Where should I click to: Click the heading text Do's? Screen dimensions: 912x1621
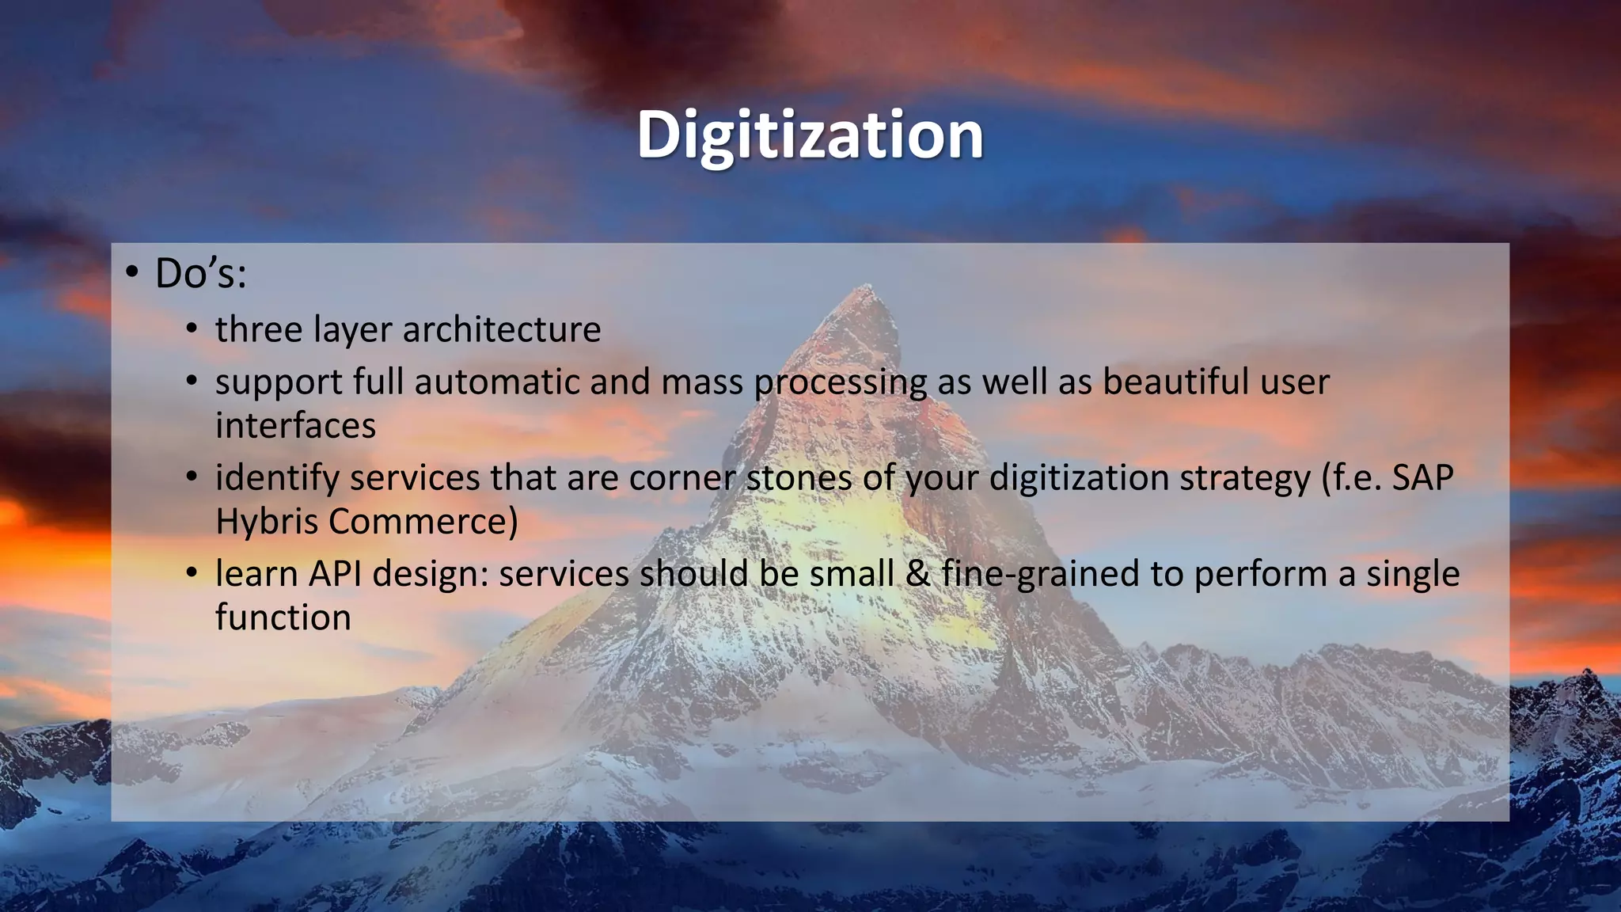click(x=201, y=274)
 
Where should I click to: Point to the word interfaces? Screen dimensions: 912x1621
click(x=295, y=426)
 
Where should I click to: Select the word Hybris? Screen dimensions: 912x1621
click(x=266, y=522)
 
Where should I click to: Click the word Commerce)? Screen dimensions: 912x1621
click(x=423, y=522)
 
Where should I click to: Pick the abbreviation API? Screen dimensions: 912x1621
click(x=336, y=574)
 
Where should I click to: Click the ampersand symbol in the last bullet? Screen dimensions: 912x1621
click(x=917, y=574)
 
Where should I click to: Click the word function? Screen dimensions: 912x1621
click(x=283, y=617)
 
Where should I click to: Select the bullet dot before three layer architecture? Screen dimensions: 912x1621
click(x=192, y=329)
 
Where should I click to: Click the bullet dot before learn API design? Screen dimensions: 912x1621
click(x=192, y=573)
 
